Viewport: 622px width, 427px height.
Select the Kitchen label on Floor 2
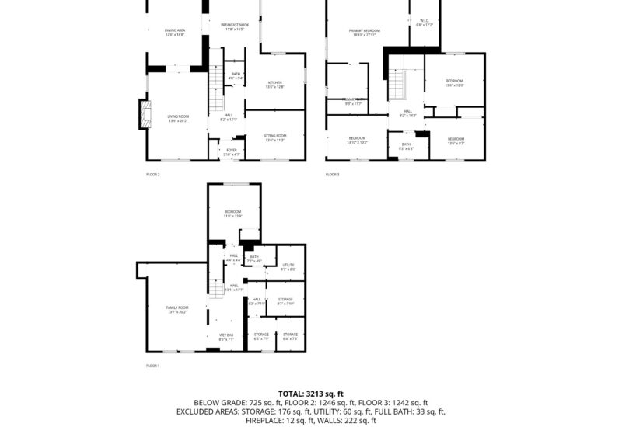tap(275, 84)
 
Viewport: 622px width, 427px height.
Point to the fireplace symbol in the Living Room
tap(144, 113)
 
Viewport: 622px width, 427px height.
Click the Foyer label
tap(232, 151)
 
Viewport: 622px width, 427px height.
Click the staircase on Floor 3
tap(397, 84)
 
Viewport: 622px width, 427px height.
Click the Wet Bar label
tap(225, 336)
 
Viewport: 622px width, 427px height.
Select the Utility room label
tap(288, 267)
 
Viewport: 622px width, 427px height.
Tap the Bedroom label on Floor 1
tap(233, 213)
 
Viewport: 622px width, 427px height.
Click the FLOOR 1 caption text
tap(152, 365)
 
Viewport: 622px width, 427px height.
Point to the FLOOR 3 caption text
tap(332, 174)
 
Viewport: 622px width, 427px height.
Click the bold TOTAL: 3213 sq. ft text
tap(310, 394)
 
